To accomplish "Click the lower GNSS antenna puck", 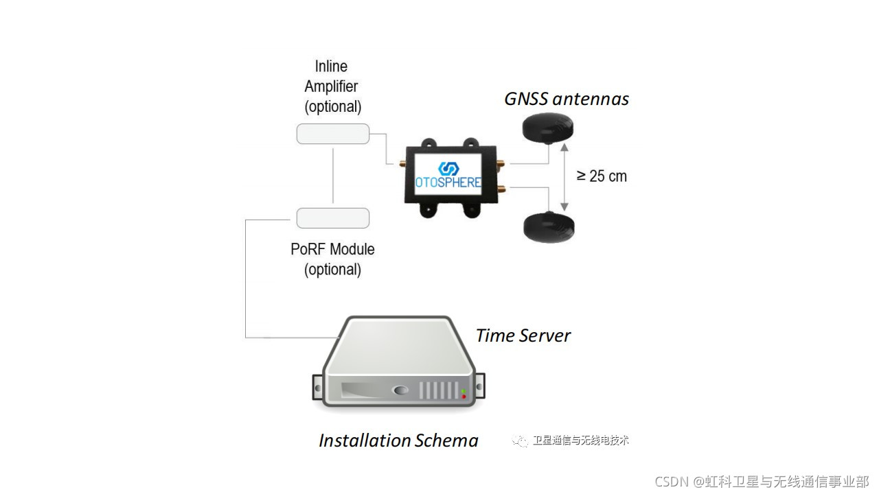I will pyautogui.click(x=549, y=226).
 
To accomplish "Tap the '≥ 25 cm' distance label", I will pyautogui.click(x=602, y=176).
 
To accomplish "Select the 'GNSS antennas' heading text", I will pyautogui.click(x=567, y=99).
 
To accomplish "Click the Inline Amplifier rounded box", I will pyautogui.click(x=332, y=134).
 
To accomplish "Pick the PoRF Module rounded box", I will pyautogui.click(x=332, y=218).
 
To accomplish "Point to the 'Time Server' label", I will pyautogui.click(x=523, y=336).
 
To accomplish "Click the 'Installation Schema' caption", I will pyautogui.click(x=398, y=440).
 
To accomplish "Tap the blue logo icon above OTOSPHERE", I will pyautogui.click(x=448, y=169).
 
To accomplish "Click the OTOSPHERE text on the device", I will pyautogui.click(x=448, y=184).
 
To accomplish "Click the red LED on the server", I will pyautogui.click(x=464, y=397).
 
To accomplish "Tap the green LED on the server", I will pyautogui.click(x=464, y=391).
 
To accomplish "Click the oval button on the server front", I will pyautogui.click(x=400, y=390).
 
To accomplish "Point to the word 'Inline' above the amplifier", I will pyautogui.click(x=331, y=67).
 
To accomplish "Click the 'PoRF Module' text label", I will pyautogui.click(x=332, y=249).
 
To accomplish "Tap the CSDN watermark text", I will pyautogui.click(x=762, y=482).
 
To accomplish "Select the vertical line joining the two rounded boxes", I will pyautogui.click(x=333, y=176).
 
